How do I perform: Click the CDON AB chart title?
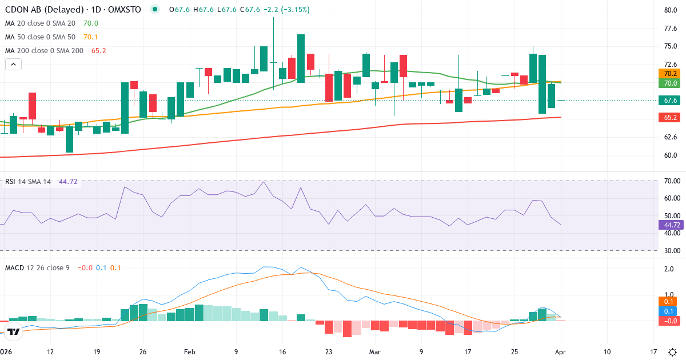(73, 10)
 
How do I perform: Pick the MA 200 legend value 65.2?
(99, 51)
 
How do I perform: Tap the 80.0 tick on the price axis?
(671, 10)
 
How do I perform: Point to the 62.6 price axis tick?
(671, 137)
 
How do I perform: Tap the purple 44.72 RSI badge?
(669, 225)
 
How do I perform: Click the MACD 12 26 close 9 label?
(37, 267)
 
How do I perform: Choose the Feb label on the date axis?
(190, 352)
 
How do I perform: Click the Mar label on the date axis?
(375, 352)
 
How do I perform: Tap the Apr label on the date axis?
(561, 352)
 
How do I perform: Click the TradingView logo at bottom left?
(14, 331)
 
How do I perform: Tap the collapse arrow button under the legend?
(13, 65)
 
